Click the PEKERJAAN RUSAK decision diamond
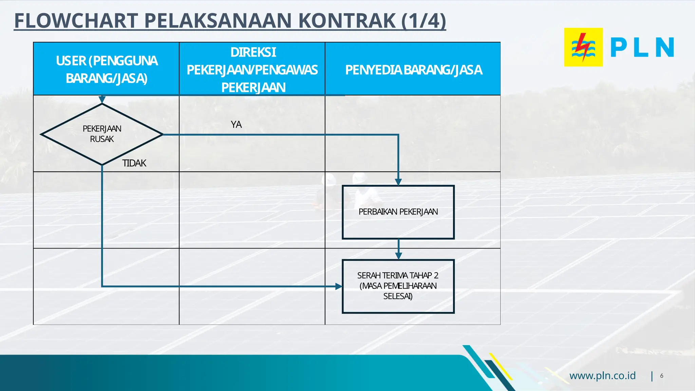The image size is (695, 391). (x=102, y=134)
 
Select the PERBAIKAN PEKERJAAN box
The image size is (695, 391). (x=398, y=212)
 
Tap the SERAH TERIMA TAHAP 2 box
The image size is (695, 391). (x=398, y=286)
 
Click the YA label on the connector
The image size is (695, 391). (x=236, y=125)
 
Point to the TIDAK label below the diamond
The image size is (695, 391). (x=134, y=163)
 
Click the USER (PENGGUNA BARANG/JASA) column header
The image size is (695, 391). (x=106, y=69)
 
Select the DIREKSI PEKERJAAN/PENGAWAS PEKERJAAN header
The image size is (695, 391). (x=252, y=70)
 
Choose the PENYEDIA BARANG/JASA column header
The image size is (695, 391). (x=413, y=70)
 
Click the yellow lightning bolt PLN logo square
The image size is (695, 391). (x=583, y=47)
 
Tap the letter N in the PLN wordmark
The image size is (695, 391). (x=664, y=47)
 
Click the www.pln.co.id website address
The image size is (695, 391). (x=602, y=376)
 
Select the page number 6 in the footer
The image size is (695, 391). (x=661, y=376)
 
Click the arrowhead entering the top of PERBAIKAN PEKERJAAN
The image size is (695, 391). (x=398, y=182)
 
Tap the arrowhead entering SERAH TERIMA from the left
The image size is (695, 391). (x=339, y=286)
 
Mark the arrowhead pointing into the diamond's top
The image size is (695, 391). (x=102, y=99)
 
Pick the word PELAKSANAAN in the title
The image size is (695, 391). (x=218, y=21)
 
